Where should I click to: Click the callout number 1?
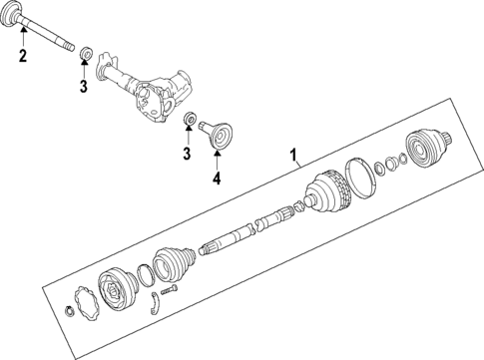293,156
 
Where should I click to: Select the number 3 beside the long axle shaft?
85,87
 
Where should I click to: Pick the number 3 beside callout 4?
185,153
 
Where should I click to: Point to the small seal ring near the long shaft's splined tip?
86,52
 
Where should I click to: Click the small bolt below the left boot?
170,290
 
